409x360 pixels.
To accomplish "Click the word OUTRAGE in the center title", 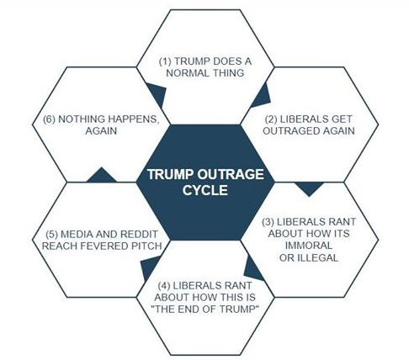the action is click(x=231, y=174).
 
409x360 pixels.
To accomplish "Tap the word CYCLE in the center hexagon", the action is click(x=205, y=190).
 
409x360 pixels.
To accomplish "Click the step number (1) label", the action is click(x=165, y=61).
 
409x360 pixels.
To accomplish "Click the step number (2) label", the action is click(x=271, y=119).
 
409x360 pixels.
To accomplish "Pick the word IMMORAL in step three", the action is click(x=309, y=246).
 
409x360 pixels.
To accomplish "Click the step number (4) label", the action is click(x=164, y=286).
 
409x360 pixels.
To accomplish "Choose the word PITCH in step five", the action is click(x=147, y=246).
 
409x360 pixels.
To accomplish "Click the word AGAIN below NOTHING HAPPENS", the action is click(x=101, y=131).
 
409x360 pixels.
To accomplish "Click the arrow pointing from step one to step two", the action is click(x=262, y=97).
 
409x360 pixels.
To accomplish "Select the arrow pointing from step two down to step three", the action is click(x=310, y=188).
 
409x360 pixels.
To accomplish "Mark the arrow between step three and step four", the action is click(x=252, y=268).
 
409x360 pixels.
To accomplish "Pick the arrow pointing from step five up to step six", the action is click(x=101, y=176).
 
